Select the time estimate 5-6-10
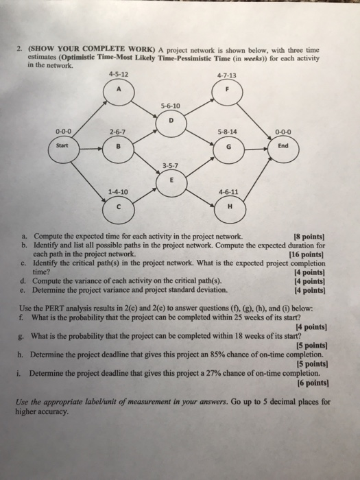coord(169,106)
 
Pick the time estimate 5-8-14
coord(226,132)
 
